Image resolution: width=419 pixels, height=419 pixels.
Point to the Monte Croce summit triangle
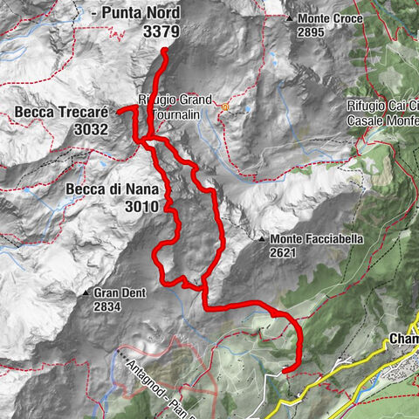tap(289, 17)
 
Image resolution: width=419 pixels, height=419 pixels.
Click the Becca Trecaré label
tap(61, 112)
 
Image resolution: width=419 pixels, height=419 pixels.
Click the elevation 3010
tap(141, 207)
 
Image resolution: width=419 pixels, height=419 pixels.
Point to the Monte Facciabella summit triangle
tap(261, 238)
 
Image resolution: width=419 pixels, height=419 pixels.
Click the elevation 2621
tap(284, 253)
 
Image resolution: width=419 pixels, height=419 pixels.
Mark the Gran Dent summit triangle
tap(86, 293)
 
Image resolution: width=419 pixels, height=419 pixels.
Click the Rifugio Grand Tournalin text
tap(175, 106)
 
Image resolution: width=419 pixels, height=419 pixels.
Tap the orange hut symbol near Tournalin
tap(224, 107)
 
